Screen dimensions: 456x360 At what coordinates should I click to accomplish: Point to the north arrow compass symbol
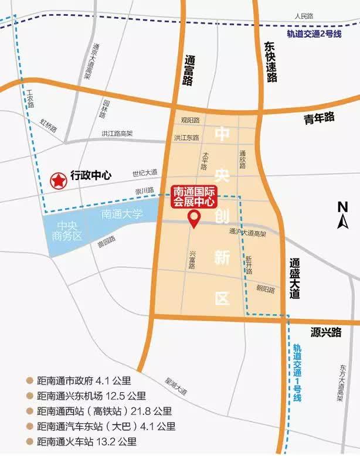point(343,214)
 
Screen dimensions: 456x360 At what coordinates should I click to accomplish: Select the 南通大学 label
point(122,214)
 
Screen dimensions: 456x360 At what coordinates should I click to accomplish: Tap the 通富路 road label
point(188,70)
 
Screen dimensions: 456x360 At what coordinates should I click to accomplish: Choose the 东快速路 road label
point(270,62)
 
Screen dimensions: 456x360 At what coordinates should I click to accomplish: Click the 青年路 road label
point(319,117)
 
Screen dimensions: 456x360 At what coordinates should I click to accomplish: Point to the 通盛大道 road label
point(295,280)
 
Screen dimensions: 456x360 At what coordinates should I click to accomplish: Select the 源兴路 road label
point(327,332)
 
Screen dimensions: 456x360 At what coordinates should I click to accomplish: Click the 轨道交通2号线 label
point(314,35)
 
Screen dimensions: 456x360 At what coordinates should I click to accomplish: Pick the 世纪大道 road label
point(144,173)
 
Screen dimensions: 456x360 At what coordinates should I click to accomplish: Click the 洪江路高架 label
point(117,134)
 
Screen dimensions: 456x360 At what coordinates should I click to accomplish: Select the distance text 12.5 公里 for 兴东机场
point(131,396)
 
